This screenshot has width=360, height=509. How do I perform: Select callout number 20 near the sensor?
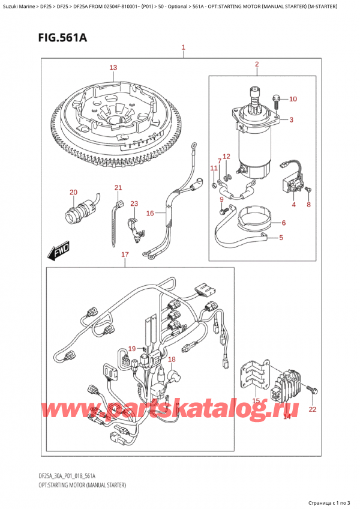pyautogui.click(x=74, y=192)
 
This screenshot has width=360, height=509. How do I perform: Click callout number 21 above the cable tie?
pyautogui.click(x=118, y=188)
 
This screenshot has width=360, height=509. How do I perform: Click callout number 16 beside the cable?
pyautogui.click(x=150, y=212)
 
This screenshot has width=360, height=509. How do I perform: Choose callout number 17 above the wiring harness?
pyautogui.click(x=125, y=254)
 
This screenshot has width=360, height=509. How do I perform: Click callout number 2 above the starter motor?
pyautogui.click(x=256, y=64)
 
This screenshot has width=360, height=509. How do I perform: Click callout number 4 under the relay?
pyautogui.click(x=294, y=205)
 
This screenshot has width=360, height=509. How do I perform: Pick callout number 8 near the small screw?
pyautogui.click(x=309, y=205)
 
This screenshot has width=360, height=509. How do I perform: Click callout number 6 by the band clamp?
pyautogui.click(x=284, y=223)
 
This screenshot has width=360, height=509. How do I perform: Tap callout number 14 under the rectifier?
pyautogui.click(x=287, y=416)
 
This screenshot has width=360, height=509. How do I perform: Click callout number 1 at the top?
pyautogui.click(x=183, y=47)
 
